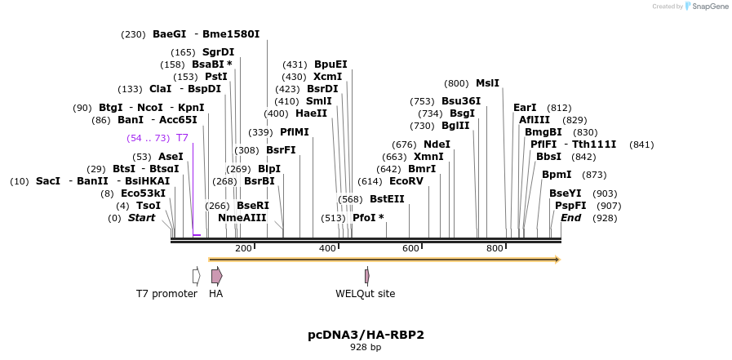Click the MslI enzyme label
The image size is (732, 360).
(x=487, y=83)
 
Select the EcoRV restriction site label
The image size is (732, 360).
(x=406, y=181)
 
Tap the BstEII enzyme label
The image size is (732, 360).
(x=387, y=199)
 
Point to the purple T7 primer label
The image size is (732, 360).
(x=182, y=138)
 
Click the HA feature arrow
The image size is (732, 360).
(x=216, y=276)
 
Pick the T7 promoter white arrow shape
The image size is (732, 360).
(x=196, y=276)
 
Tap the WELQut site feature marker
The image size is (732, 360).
(x=367, y=276)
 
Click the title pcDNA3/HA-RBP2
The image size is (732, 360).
(x=366, y=335)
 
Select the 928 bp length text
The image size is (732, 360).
(x=366, y=348)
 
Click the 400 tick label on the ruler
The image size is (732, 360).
(x=327, y=248)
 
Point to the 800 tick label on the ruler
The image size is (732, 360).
(x=495, y=248)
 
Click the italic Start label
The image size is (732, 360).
(x=141, y=218)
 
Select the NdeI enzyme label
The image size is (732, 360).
(x=437, y=144)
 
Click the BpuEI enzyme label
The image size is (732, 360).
(x=331, y=64)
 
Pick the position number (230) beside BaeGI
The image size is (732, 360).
(x=133, y=34)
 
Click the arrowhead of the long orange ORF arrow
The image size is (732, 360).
(x=557, y=260)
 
